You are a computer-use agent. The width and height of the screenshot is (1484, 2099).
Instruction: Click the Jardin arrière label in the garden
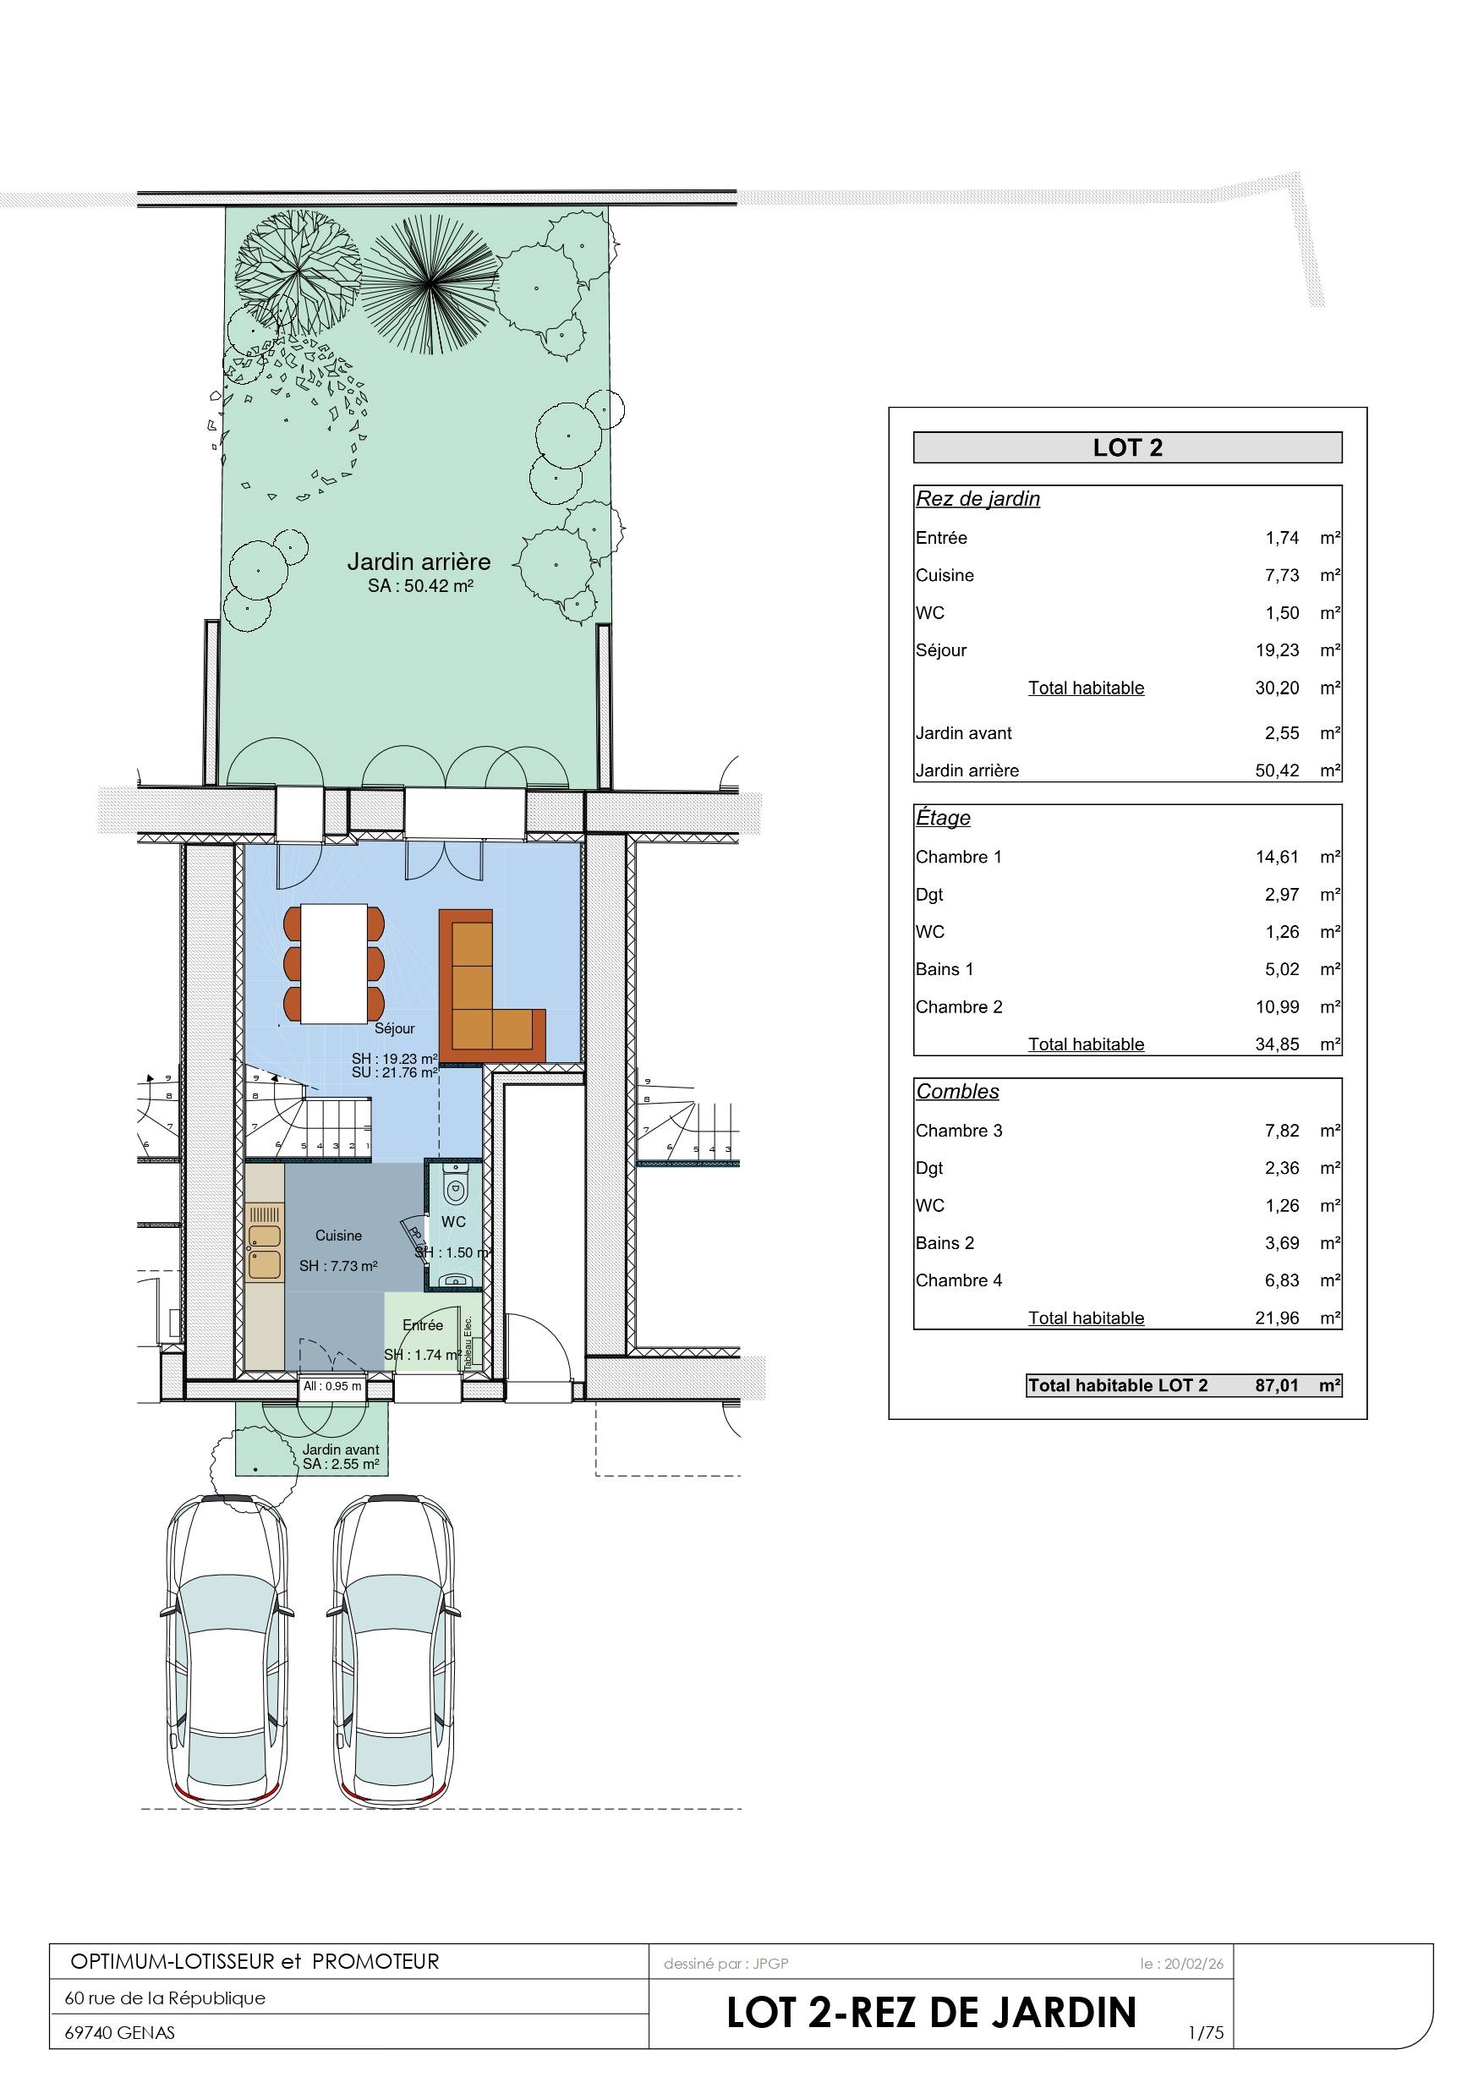tap(419, 562)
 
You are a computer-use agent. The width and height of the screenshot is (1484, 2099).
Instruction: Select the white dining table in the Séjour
tap(335, 963)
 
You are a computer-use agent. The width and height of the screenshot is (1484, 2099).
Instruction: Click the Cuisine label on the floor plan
tap(338, 1235)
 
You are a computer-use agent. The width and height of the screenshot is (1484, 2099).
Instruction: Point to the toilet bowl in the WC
tap(454, 1188)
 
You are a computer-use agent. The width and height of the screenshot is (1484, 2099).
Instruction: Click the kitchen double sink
tap(265, 1251)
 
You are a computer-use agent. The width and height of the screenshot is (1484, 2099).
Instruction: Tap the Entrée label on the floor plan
tap(423, 1324)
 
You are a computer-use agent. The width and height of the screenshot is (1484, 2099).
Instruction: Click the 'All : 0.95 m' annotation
tap(333, 1386)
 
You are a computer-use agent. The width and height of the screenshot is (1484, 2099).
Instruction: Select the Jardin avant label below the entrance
tap(340, 1449)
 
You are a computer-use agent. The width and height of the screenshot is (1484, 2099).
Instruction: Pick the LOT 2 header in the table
tap(1127, 448)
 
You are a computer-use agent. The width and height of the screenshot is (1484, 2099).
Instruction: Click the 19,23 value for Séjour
tap(1277, 650)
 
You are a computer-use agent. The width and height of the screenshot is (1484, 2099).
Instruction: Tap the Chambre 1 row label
tap(958, 857)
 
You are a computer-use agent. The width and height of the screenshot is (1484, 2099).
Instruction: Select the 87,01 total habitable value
tap(1277, 1385)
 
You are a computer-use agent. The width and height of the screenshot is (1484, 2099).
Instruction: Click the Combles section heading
tap(957, 1092)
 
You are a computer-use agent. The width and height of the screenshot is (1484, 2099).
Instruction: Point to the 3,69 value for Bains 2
tap(1282, 1242)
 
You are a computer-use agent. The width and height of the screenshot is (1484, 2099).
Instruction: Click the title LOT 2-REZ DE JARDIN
tap(932, 2013)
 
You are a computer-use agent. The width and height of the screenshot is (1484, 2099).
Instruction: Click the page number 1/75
tap(1206, 2033)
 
